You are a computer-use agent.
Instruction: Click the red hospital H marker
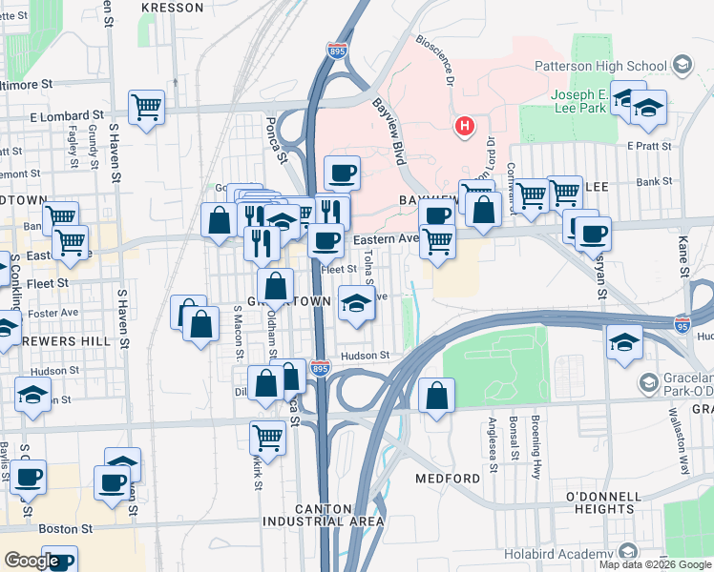tap(465, 126)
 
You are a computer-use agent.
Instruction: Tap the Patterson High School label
tap(613, 66)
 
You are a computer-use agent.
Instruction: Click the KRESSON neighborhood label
tap(172, 8)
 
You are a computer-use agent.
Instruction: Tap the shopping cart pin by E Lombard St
tap(147, 107)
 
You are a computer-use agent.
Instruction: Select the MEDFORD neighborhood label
tap(448, 478)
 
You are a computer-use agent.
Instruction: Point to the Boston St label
tap(65, 527)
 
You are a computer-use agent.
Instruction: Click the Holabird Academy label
tap(567, 555)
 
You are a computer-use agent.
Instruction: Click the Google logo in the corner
tap(31, 560)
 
